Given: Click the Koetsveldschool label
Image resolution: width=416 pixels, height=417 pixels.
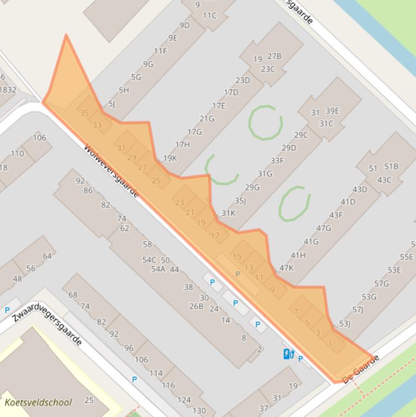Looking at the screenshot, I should pyautogui.click(x=38, y=402).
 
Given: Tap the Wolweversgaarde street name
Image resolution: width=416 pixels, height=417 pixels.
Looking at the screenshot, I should pyautogui.click(x=111, y=171).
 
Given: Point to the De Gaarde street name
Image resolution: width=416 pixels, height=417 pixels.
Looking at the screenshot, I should pyautogui.click(x=361, y=370).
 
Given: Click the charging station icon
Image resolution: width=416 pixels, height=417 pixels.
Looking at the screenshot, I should pyautogui.click(x=289, y=354).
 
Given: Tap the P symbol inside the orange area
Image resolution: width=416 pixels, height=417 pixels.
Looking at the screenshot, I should pyautogui.click(x=237, y=275).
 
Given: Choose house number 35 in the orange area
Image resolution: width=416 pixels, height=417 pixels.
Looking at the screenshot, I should pyautogui.click(x=84, y=113).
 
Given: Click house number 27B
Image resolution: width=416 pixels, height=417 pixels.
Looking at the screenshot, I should pyautogui.click(x=274, y=56).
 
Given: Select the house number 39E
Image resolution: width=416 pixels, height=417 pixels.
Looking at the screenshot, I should pyautogui.click(x=332, y=111).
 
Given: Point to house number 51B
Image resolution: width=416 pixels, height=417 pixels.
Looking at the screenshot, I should pyautogui.click(x=391, y=166).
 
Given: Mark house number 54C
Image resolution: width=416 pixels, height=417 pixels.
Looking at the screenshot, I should pyautogui.click(x=149, y=260).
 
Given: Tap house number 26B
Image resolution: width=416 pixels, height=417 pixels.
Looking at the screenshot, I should pyautogui.click(x=196, y=306).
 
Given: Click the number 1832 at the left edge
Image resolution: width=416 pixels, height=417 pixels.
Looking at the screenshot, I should pyautogui.click(x=8, y=90).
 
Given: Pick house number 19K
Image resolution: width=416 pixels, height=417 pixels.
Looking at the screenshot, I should pyautogui.click(x=170, y=158).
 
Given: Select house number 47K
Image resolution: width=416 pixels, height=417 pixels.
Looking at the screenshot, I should pyautogui.click(x=286, y=268).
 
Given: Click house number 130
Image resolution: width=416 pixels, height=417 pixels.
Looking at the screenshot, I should pyautogui.click(x=199, y=411).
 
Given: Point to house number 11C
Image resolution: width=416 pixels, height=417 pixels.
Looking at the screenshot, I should pyautogui.click(x=210, y=16).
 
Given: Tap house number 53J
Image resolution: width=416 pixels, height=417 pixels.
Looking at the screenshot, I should pyautogui.click(x=345, y=324).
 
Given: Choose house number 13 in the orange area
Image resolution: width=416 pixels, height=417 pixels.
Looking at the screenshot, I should pyautogui.click(x=249, y=268).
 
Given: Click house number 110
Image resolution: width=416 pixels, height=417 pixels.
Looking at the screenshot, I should pyautogui.click(x=17, y=153).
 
